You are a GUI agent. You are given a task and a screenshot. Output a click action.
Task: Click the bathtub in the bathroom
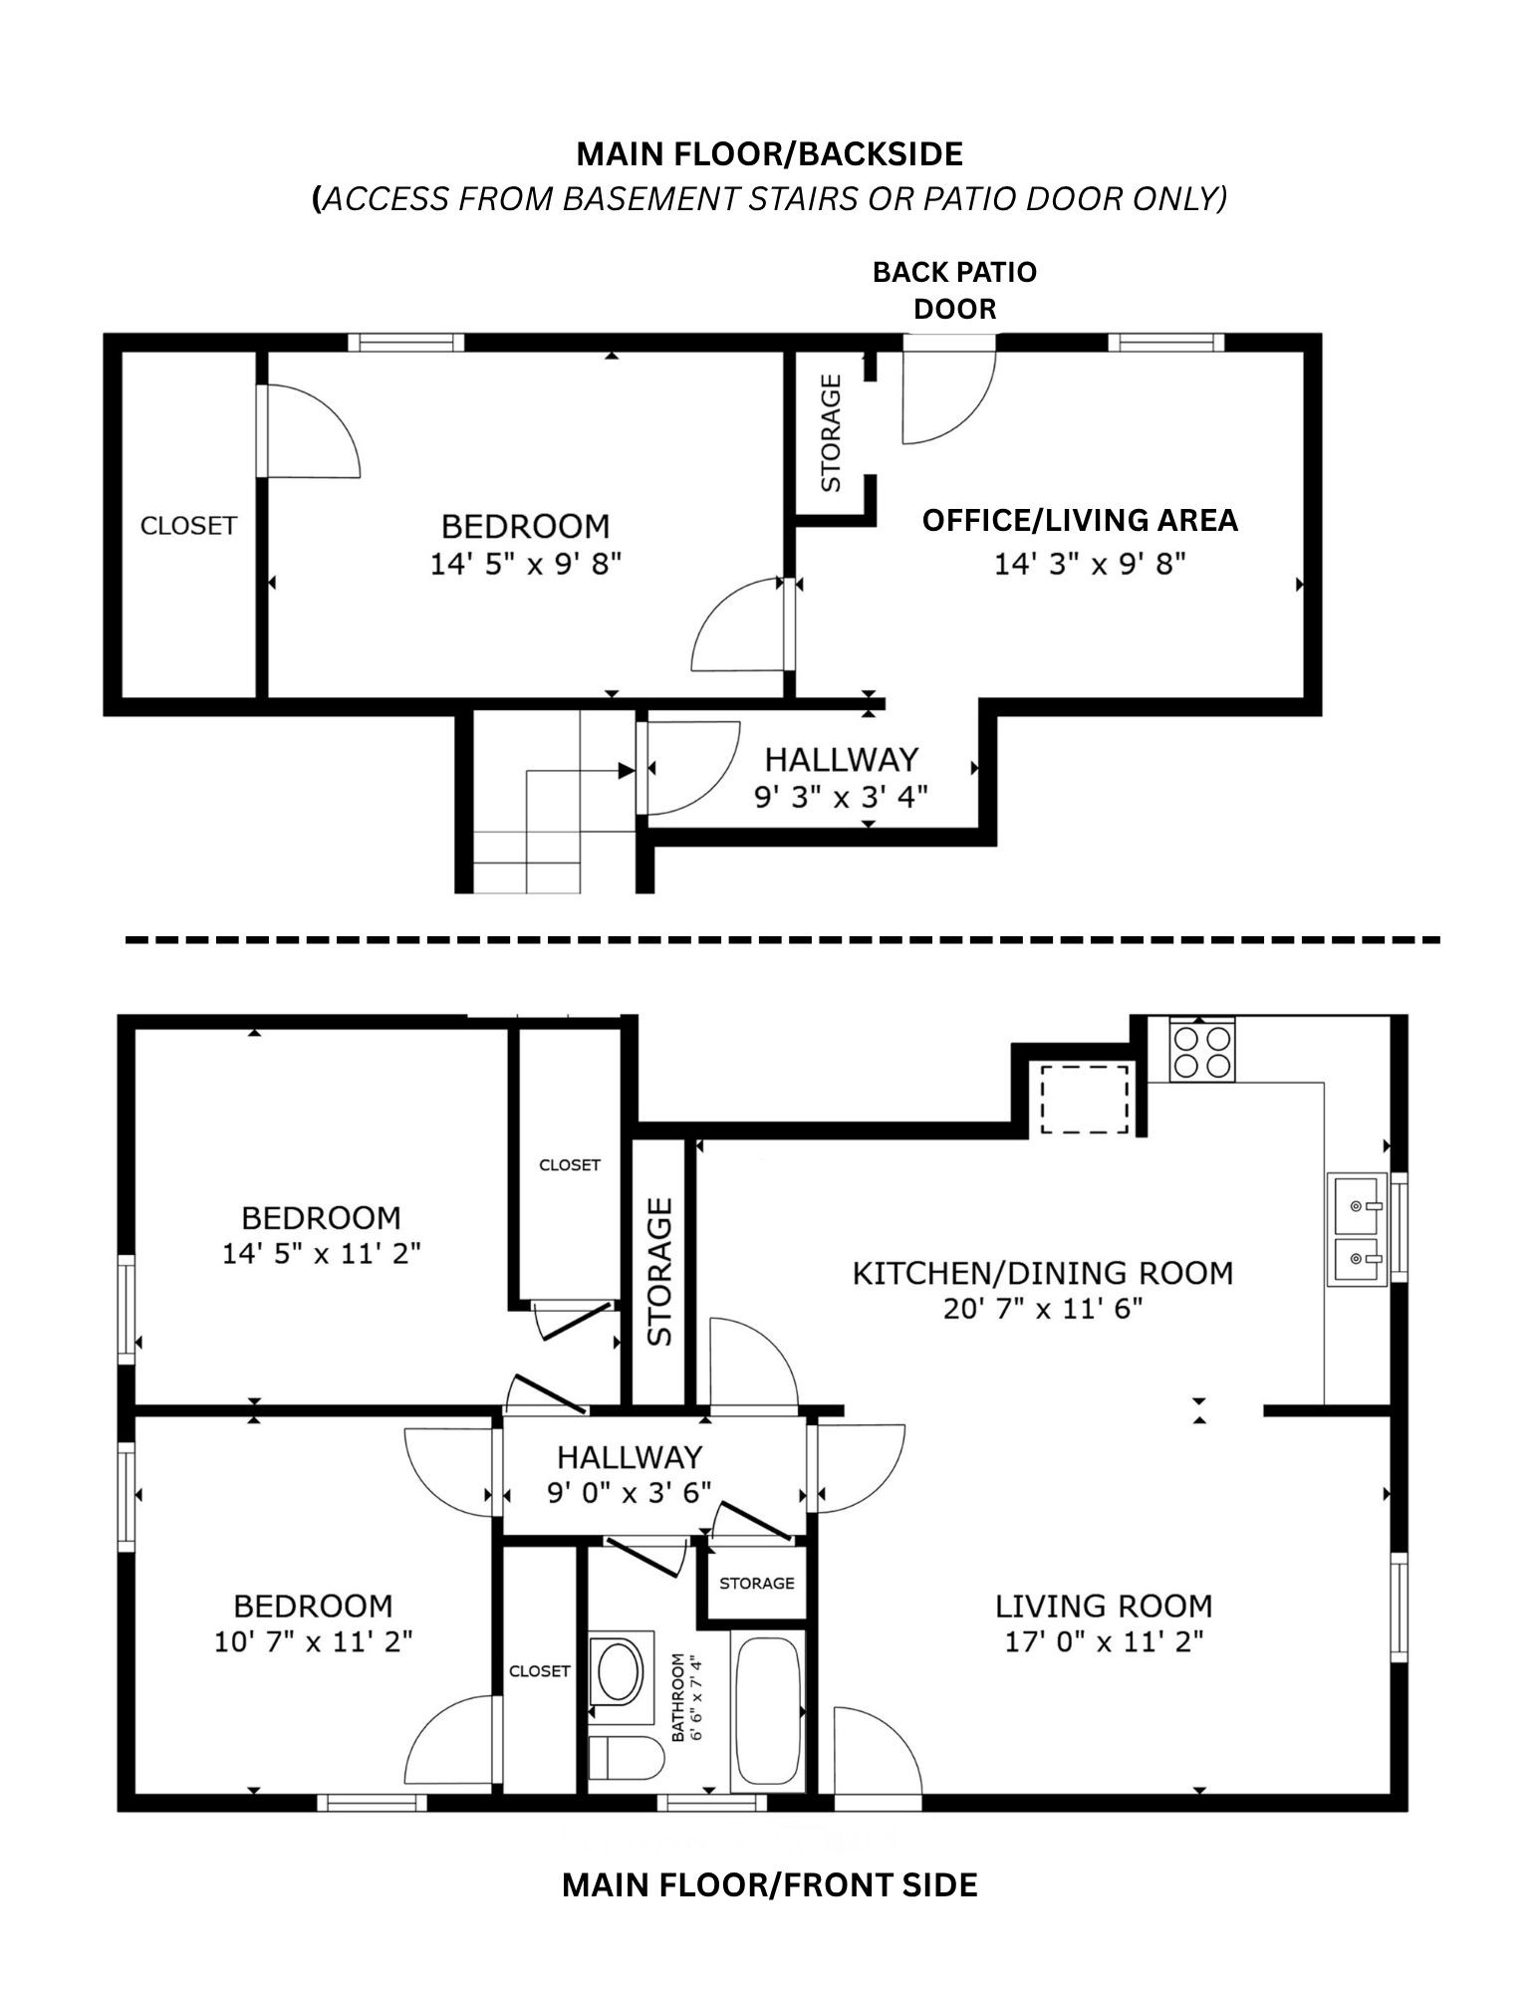[x=767, y=1710]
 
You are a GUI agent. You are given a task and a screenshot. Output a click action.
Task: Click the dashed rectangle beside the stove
[x=1085, y=1098]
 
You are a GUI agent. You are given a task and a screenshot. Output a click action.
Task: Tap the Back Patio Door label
[x=954, y=290]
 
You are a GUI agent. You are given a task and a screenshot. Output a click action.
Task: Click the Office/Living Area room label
[x=1080, y=520]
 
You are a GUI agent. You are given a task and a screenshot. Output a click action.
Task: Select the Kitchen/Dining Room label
[x=1043, y=1273]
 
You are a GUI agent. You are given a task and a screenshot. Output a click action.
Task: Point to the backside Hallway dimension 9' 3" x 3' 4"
[x=842, y=797]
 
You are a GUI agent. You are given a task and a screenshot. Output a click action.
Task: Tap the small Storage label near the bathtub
[x=757, y=1583]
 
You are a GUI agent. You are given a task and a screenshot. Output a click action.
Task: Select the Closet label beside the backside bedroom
[x=188, y=525]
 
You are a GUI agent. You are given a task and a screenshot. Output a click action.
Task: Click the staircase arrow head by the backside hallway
[x=627, y=770]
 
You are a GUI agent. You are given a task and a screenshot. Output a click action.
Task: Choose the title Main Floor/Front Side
[x=770, y=1884]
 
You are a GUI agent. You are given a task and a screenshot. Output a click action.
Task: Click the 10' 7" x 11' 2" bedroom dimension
[x=313, y=1640]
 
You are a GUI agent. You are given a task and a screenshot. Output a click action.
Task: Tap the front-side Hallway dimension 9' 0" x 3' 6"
[x=630, y=1494]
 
